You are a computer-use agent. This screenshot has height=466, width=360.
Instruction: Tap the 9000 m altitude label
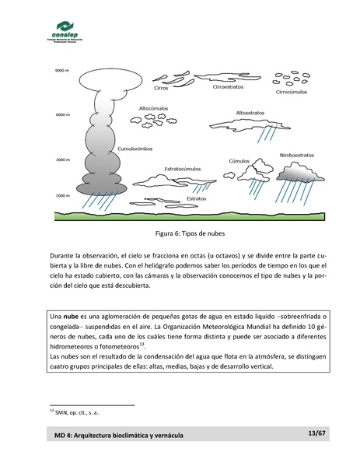tap(42, 71)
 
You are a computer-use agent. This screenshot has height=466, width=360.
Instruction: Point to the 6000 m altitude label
tap(42, 115)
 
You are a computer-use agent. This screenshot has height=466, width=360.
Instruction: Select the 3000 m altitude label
tap(42, 159)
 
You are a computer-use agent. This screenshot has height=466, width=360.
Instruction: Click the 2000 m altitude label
tap(42, 195)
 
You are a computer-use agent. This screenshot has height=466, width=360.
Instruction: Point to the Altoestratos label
tap(250, 112)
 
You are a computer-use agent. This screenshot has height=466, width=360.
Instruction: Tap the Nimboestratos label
tap(297, 155)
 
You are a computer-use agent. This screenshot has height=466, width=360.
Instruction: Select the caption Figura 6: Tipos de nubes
tap(180, 233)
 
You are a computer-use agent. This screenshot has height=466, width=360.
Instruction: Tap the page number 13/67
tap(316, 442)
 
